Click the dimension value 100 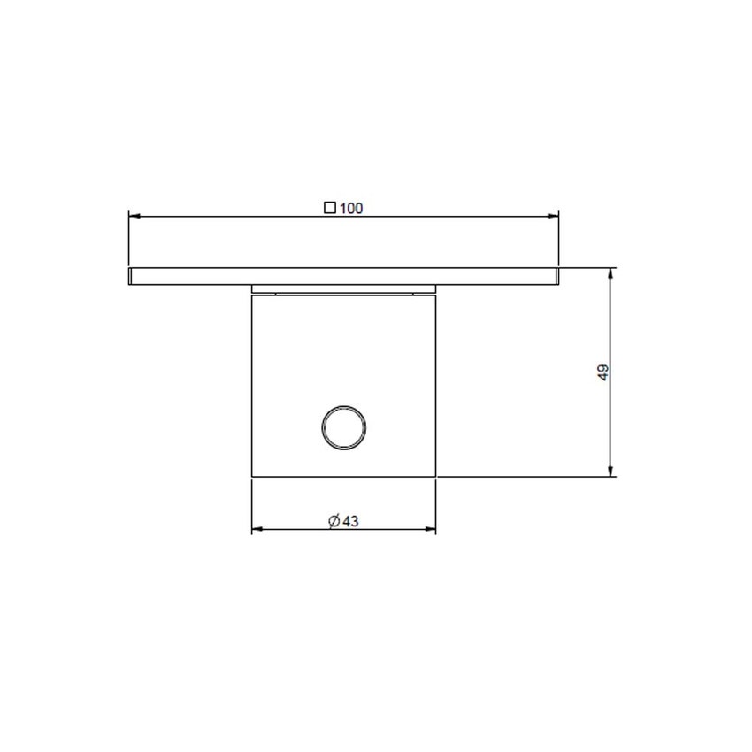(351, 209)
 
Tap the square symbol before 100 (330, 209)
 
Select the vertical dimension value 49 (603, 372)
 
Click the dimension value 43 (349, 522)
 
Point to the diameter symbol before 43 (334, 522)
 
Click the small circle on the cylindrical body (343, 428)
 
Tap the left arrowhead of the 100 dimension (134, 215)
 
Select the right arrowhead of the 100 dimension (555, 215)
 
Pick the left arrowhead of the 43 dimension (257, 530)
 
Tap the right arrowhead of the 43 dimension (432, 530)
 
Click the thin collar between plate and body (344, 289)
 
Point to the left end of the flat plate (131, 276)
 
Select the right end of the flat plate (557, 276)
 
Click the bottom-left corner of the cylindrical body (252, 478)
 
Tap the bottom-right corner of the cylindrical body (436, 478)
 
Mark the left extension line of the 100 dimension (129, 239)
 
